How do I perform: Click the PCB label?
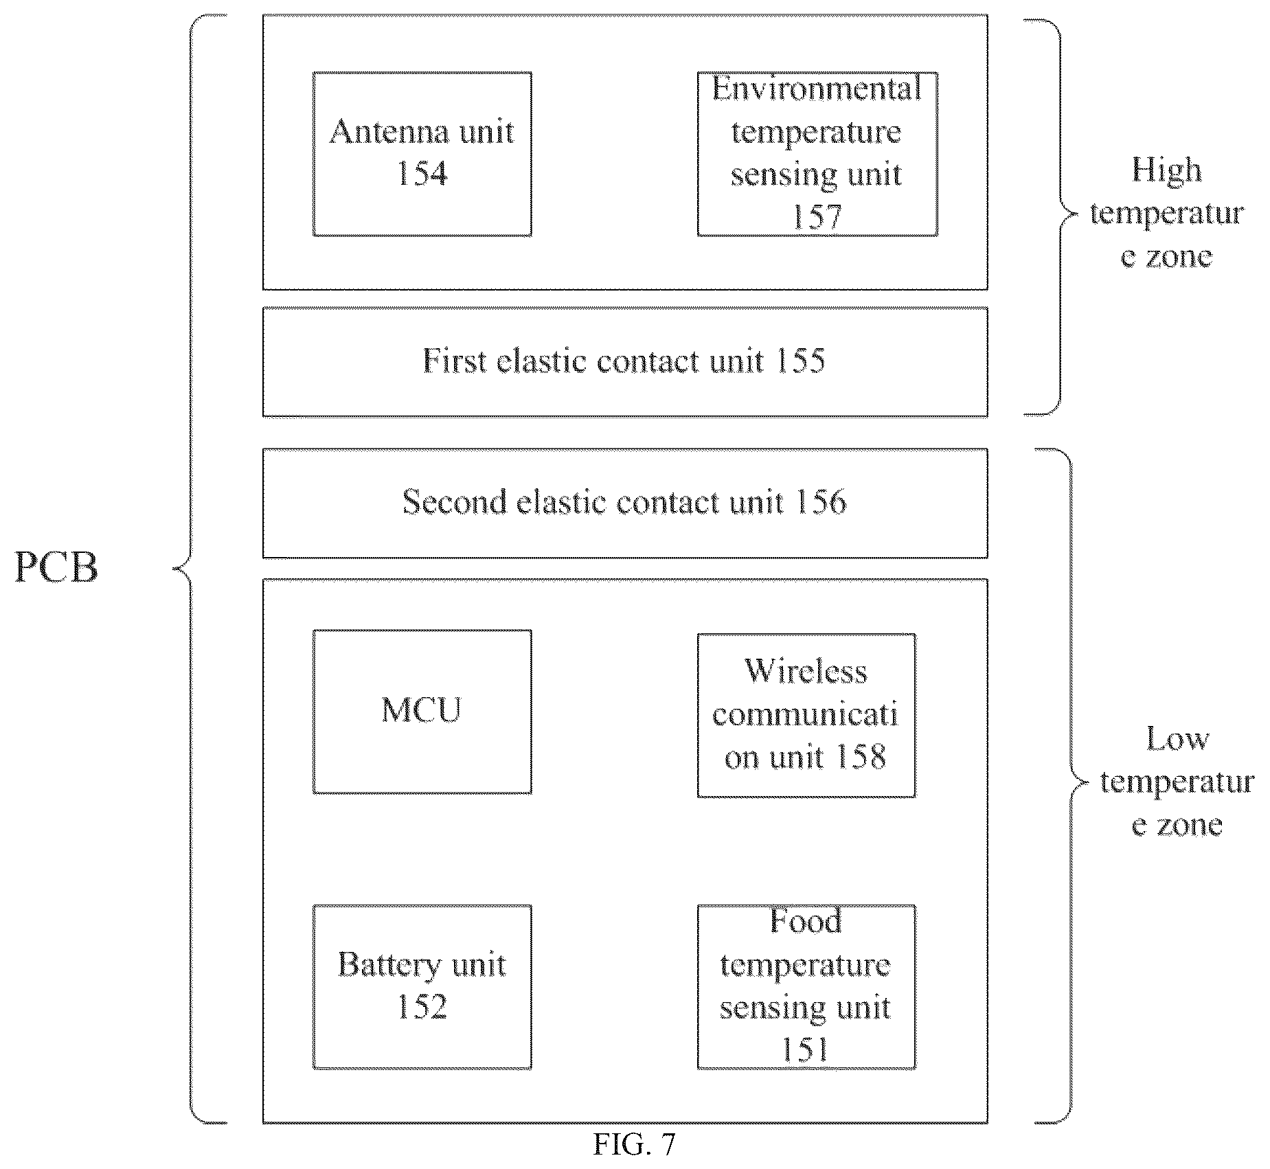(x=56, y=568)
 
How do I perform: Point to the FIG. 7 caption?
(x=634, y=1144)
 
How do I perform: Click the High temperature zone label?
(x=1166, y=213)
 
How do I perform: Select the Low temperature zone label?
(x=1177, y=781)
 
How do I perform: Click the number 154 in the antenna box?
(x=422, y=173)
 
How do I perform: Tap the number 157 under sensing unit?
(x=817, y=217)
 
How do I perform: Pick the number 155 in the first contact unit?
(x=800, y=361)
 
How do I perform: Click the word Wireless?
(x=806, y=672)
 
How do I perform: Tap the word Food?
(x=806, y=921)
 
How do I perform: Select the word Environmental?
(x=817, y=89)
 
